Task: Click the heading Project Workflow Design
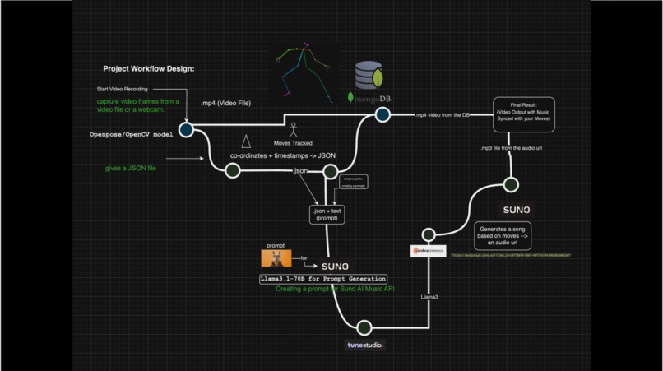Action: coord(148,69)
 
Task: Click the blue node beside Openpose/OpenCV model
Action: coord(186,130)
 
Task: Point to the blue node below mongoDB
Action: coord(382,116)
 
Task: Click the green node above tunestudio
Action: coord(364,328)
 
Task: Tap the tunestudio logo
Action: coord(364,345)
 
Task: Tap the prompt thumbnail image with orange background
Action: coord(276,258)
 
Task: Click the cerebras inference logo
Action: coord(428,252)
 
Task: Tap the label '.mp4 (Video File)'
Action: coord(225,103)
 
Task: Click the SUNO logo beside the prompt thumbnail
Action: coord(334,267)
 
